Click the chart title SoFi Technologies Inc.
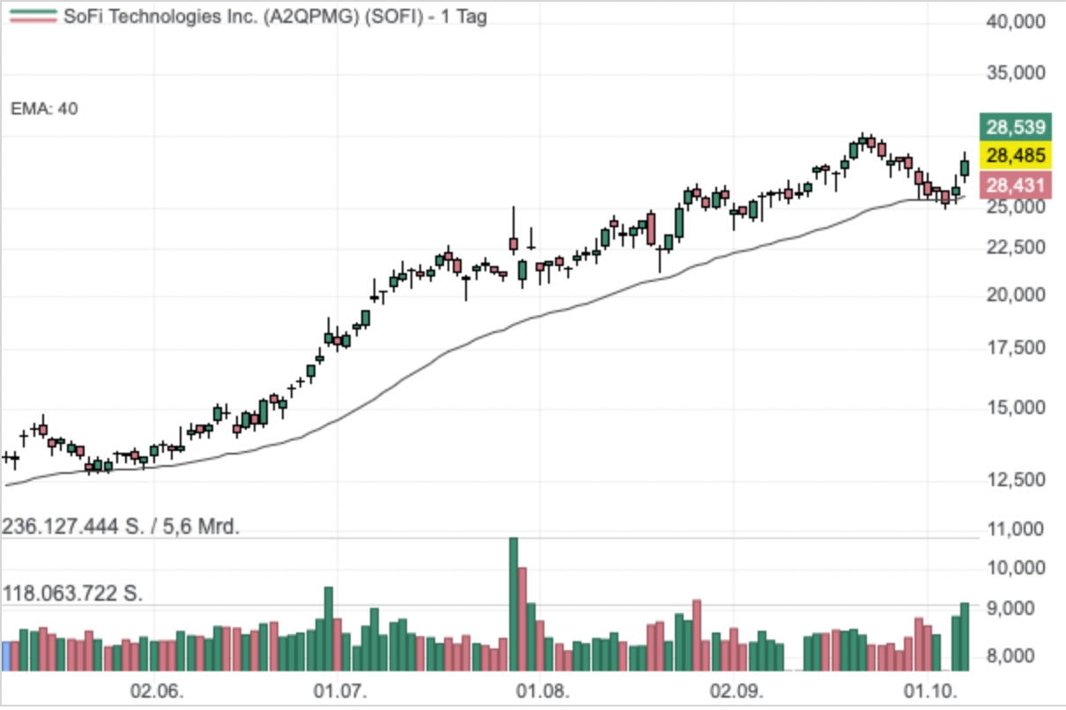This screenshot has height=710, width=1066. [x=273, y=17]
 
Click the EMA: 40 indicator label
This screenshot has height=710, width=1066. [x=44, y=108]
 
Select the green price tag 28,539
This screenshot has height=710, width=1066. [x=1016, y=128]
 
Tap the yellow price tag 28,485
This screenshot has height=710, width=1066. [x=1016, y=157]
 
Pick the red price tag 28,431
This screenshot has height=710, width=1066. [x=1016, y=186]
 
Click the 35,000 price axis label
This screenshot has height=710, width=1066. [x=1016, y=72]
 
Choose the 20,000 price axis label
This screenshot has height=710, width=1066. [x=1016, y=295]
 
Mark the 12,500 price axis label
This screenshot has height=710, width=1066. [x=1016, y=480]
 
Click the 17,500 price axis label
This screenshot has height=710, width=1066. [x=1016, y=348]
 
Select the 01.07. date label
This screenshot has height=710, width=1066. [x=336, y=690]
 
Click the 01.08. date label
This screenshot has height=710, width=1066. [x=534, y=690]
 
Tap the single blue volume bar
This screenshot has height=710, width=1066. [x=5, y=655]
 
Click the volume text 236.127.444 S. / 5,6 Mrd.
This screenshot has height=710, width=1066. [x=122, y=527]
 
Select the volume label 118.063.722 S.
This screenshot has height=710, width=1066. [x=73, y=593]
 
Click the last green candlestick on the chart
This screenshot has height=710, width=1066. [x=965, y=166]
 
